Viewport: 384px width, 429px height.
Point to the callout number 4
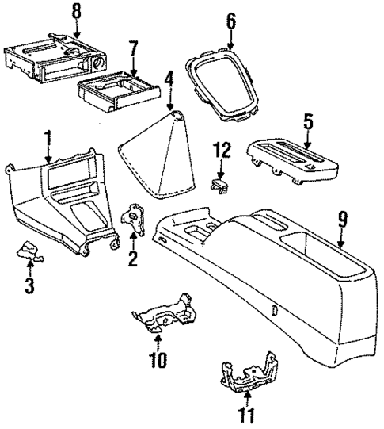point(169,79)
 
